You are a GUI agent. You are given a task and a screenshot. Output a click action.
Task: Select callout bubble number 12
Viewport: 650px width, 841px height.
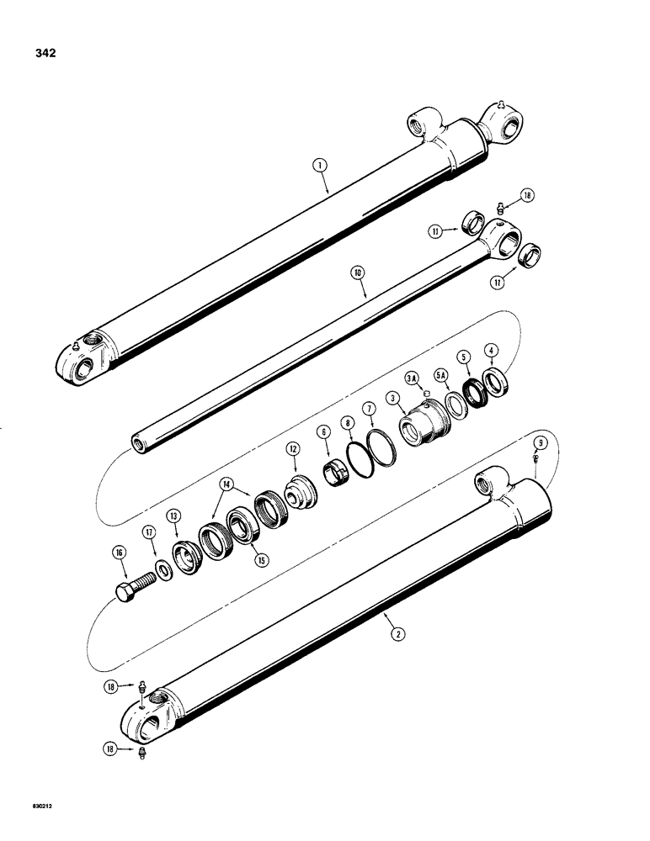[x=294, y=450]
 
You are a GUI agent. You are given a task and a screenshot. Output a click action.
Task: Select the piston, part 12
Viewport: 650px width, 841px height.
[x=298, y=493]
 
